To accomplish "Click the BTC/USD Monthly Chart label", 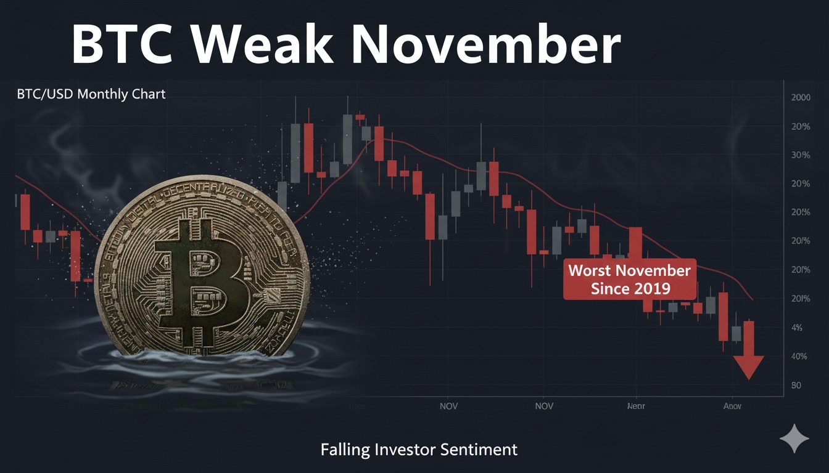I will pyautogui.click(x=91, y=95).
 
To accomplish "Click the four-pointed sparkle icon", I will pyautogui.click(x=794, y=439).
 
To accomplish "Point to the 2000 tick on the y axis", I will pyautogui.click(x=800, y=98).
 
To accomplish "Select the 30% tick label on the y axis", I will pyautogui.click(x=800, y=155).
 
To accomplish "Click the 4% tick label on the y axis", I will pyautogui.click(x=796, y=328).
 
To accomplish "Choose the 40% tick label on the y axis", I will pyautogui.click(x=800, y=357).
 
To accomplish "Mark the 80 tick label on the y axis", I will pyautogui.click(x=796, y=386).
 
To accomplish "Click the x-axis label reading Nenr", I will pyautogui.click(x=636, y=406).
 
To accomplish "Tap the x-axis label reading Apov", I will pyautogui.click(x=732, y=406).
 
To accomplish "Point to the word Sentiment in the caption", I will pyautogui.click(x=479, y=450).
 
